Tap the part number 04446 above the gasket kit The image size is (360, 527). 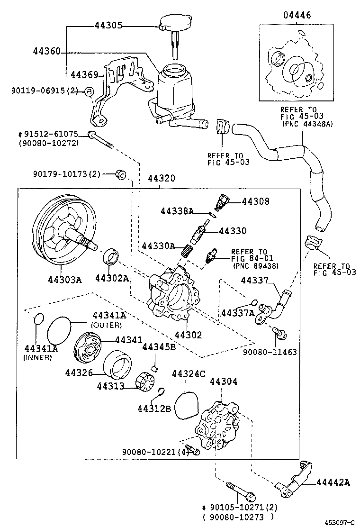click(x=297, y=15)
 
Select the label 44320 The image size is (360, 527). click(x=161, y=179)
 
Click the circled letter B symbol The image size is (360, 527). click(x=88, y=92)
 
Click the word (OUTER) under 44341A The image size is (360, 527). click(x=106, y=325)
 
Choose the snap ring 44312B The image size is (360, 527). click(x=161, y=392)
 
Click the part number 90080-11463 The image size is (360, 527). click(x=270, y=352)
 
